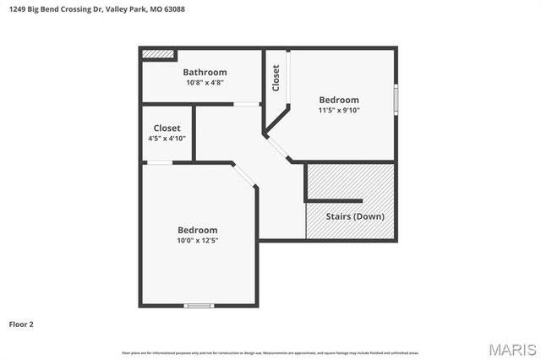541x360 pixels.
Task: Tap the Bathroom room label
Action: [x=205, y=73]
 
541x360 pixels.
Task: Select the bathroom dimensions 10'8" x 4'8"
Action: [x=205, y=84]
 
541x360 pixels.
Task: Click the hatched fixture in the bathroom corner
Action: [x=157, y=54]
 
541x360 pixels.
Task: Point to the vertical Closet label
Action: [x=276, y=78]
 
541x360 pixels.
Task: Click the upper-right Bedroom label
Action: [x=338, y=100]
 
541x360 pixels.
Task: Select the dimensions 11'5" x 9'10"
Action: [x=338, y=111]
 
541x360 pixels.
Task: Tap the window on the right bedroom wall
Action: [x=395, y=97]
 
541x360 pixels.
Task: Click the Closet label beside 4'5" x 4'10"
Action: [x=167, y=128]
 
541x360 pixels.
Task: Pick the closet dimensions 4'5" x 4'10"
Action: [x=167, y=139]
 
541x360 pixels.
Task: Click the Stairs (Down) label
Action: [x=356, y=216]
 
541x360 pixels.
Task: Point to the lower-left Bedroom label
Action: [x=197, y=230]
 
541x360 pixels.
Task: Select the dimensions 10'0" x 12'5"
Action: [x=197, y=241]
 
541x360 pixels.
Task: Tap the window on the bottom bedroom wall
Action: [x=199, y=305]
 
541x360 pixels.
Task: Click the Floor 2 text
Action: [x=21, y=324]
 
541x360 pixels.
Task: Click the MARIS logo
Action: [x=511, y=349]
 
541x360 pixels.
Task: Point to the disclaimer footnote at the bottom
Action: [x=270, y=352]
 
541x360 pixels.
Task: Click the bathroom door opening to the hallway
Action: [x=247, y=104]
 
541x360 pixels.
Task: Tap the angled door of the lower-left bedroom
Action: [x=244, y=175]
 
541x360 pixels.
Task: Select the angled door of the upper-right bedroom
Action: [x=277, y=148]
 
